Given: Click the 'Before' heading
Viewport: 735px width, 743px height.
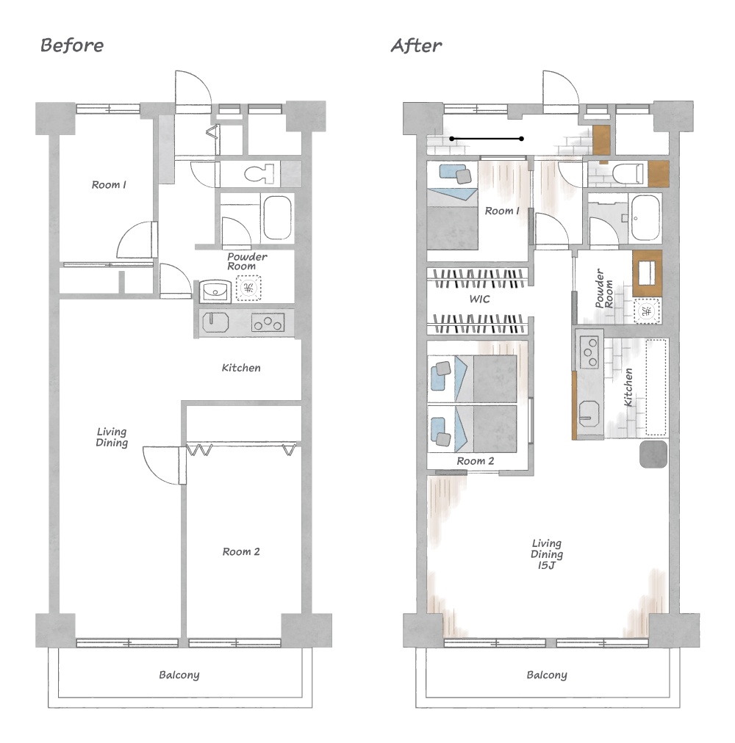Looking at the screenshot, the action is coord(72,46).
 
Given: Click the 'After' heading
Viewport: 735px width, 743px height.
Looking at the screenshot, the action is coord(416,46).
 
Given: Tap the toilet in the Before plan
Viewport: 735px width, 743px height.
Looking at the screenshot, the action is coord(259,174).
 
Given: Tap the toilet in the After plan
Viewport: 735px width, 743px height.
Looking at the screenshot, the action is coord(628,174).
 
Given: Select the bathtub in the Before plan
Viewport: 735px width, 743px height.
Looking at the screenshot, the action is coord(278,217).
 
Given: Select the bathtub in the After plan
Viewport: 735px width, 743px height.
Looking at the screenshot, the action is coord(645,218).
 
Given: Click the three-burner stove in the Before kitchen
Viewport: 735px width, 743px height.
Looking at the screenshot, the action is coord(268,323).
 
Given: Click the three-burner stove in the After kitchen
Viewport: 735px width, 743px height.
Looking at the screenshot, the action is coord(589,352).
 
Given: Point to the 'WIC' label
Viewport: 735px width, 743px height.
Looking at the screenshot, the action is coord(479,299).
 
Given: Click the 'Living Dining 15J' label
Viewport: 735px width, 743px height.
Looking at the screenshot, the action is coord(547,554).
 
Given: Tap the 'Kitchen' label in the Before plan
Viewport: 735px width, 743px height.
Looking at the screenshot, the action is coord(241,368).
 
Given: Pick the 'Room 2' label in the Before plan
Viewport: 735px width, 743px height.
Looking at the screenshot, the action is coord(241,551).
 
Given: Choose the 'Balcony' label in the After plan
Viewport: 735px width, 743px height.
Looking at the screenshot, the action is coord(547,675).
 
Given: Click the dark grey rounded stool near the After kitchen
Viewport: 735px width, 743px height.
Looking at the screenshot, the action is coord(653,454).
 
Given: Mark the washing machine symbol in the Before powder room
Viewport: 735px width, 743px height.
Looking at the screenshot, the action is coord(248,288).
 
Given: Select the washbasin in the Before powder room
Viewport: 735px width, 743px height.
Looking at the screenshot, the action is coord(215,291).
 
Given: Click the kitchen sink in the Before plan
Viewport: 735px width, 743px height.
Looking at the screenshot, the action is coord(215,323).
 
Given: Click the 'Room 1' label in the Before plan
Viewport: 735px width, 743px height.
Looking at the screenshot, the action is coord(109,185).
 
